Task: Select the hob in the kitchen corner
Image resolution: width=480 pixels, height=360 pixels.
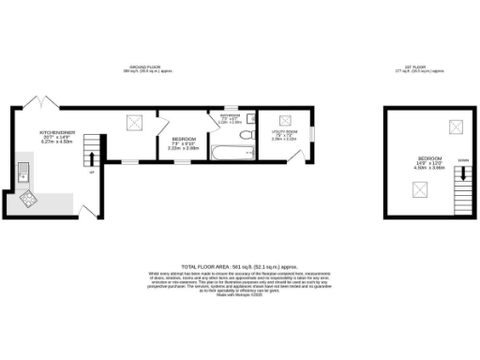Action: [27, 198]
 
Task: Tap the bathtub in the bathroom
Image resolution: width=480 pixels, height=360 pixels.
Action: [224, 152]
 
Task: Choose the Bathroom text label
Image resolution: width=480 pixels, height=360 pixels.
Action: [230, 119]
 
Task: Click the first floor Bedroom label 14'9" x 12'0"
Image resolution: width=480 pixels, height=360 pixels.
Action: [430, 161]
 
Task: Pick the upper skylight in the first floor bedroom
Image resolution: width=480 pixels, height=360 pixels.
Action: [457, 127]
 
